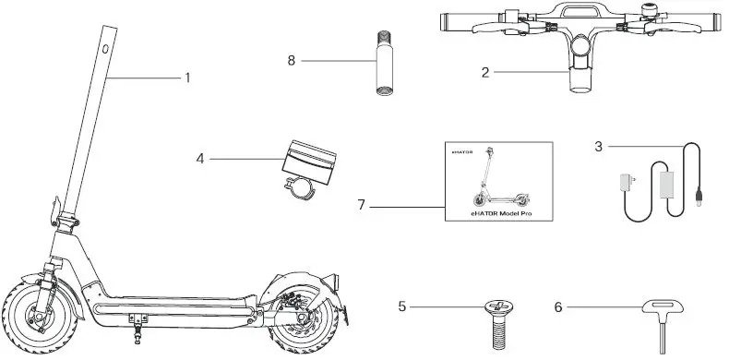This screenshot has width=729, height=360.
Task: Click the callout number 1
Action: [187, 78]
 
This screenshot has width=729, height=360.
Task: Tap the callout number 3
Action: [599, 145]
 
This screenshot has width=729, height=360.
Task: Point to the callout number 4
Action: [199, 159]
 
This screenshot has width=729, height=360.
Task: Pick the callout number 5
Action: [402, 306]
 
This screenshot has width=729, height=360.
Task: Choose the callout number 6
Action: [559, 306]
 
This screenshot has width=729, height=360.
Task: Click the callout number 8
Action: [292, 60]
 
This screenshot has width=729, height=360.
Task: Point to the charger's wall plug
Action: [627, 184]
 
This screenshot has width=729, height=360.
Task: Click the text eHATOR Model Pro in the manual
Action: [495, 211]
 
